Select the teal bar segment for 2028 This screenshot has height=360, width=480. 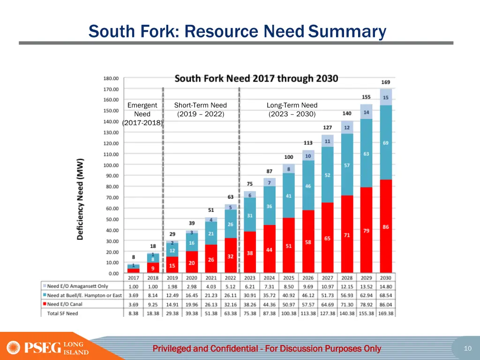click(347, 165)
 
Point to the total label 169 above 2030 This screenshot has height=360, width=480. click(385, 82)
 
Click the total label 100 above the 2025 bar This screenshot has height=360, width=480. click(289, 157)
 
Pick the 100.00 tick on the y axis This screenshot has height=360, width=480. click(111, 165)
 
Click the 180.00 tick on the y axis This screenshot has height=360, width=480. click(111, 78)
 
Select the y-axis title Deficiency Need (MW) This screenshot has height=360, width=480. click(80, 199)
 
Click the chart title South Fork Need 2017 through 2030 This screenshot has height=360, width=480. click(256, 78)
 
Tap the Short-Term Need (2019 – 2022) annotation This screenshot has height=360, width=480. click(200, 110)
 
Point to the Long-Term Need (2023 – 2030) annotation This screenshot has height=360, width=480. click(292, 110)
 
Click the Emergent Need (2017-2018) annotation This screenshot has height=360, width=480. click(142, 114)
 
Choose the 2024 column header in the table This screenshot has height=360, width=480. click(269, 278)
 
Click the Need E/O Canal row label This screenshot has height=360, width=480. click(65, 304)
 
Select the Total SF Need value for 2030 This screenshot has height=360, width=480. click(386, 313)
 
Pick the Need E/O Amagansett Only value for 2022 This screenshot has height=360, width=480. click(231, 286)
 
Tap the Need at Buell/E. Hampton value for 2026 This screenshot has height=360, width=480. click(308, 295)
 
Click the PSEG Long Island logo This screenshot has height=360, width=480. click(47, 348)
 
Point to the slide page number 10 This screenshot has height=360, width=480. click(467, 348)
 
